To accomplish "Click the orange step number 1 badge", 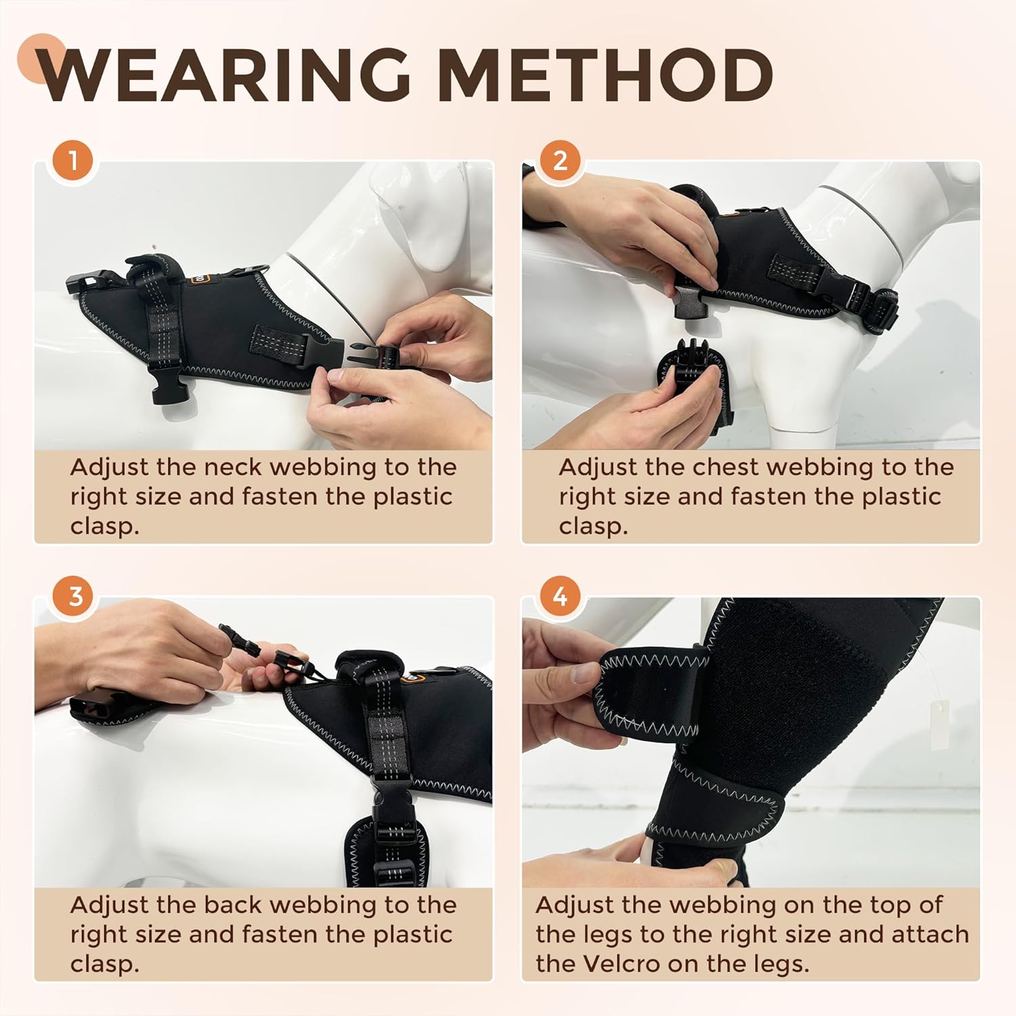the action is (73, 161).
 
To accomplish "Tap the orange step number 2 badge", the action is (560, 161).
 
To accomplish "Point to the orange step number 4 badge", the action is (560, 597).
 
